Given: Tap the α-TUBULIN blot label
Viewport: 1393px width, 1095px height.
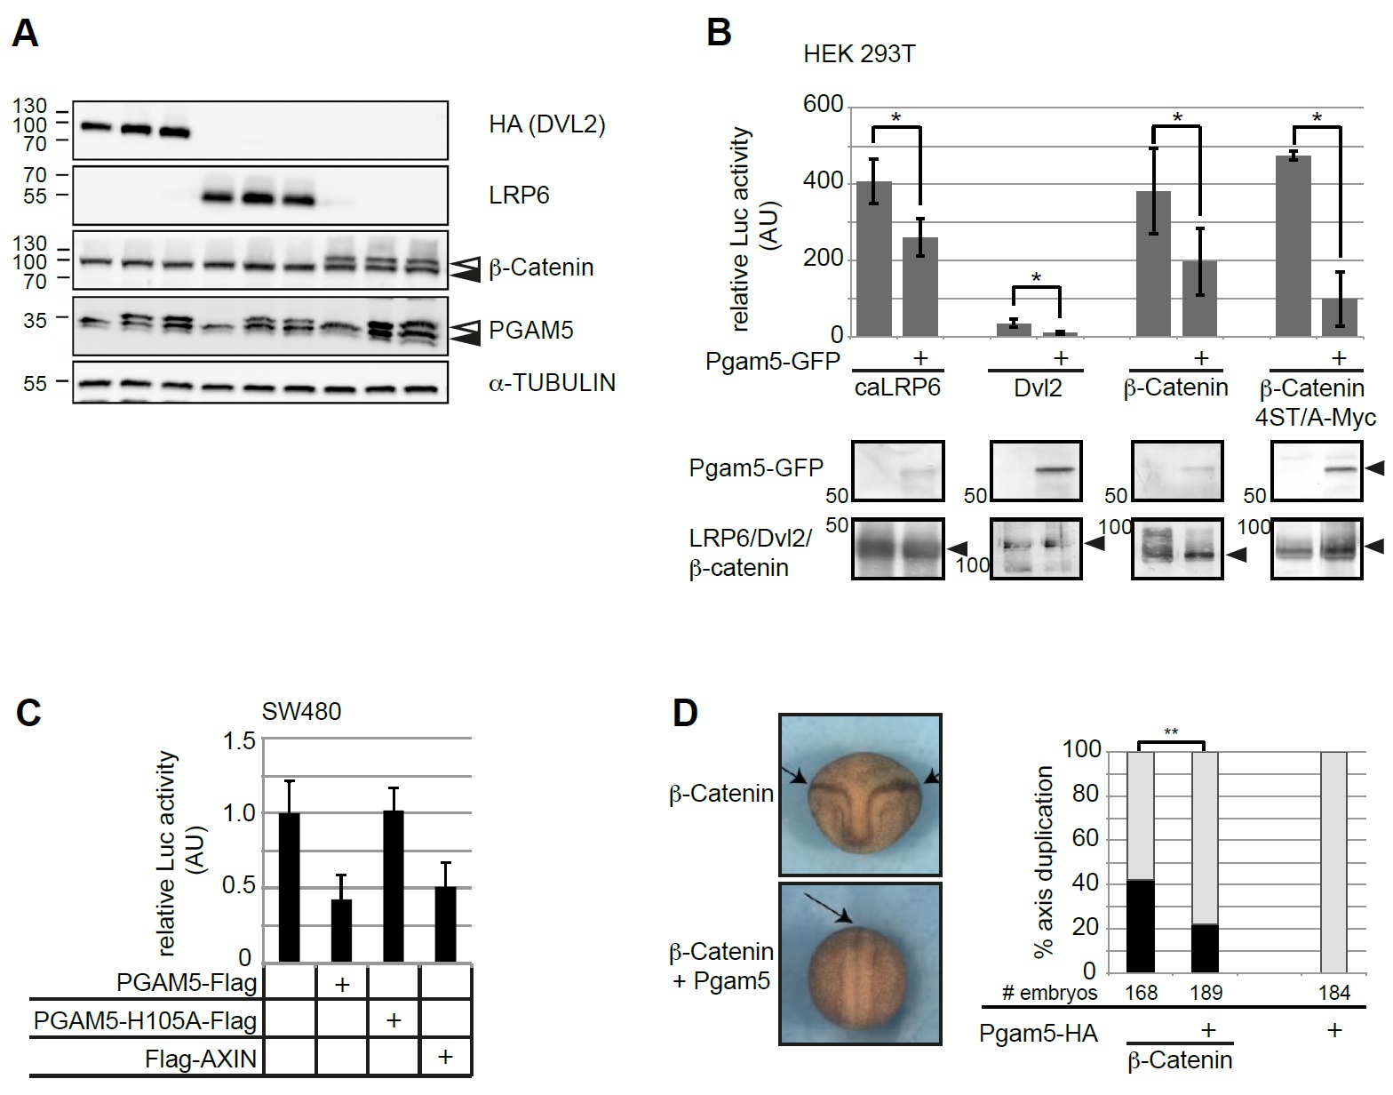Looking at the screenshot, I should click(x=552, y=382).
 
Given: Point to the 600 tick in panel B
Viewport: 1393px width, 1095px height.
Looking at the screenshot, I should click(x=823, y=106).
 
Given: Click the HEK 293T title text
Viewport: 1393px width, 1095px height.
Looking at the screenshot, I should click(x=859, y=54).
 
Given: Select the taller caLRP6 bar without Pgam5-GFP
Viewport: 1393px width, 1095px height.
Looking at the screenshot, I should click(x=874, y=258).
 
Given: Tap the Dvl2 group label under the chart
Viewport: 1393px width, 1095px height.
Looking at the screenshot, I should click(x=1037, y=388).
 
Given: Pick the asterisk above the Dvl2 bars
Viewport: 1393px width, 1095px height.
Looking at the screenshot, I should click(x=1037, y=279).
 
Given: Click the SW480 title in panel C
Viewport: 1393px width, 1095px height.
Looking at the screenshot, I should click(x=301, y=712).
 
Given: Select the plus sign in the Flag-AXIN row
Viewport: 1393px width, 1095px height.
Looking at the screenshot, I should click(x=445, y=1057).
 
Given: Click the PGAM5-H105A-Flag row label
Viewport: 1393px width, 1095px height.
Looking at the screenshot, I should click(x=145, y=1021).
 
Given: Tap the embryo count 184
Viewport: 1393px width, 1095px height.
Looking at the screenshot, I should click(x=1335, y=993).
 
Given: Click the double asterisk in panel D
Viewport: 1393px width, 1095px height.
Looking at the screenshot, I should click(x=1171, y=732).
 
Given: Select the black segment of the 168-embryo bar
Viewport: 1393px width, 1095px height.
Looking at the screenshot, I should click(x=1141, y=926).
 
